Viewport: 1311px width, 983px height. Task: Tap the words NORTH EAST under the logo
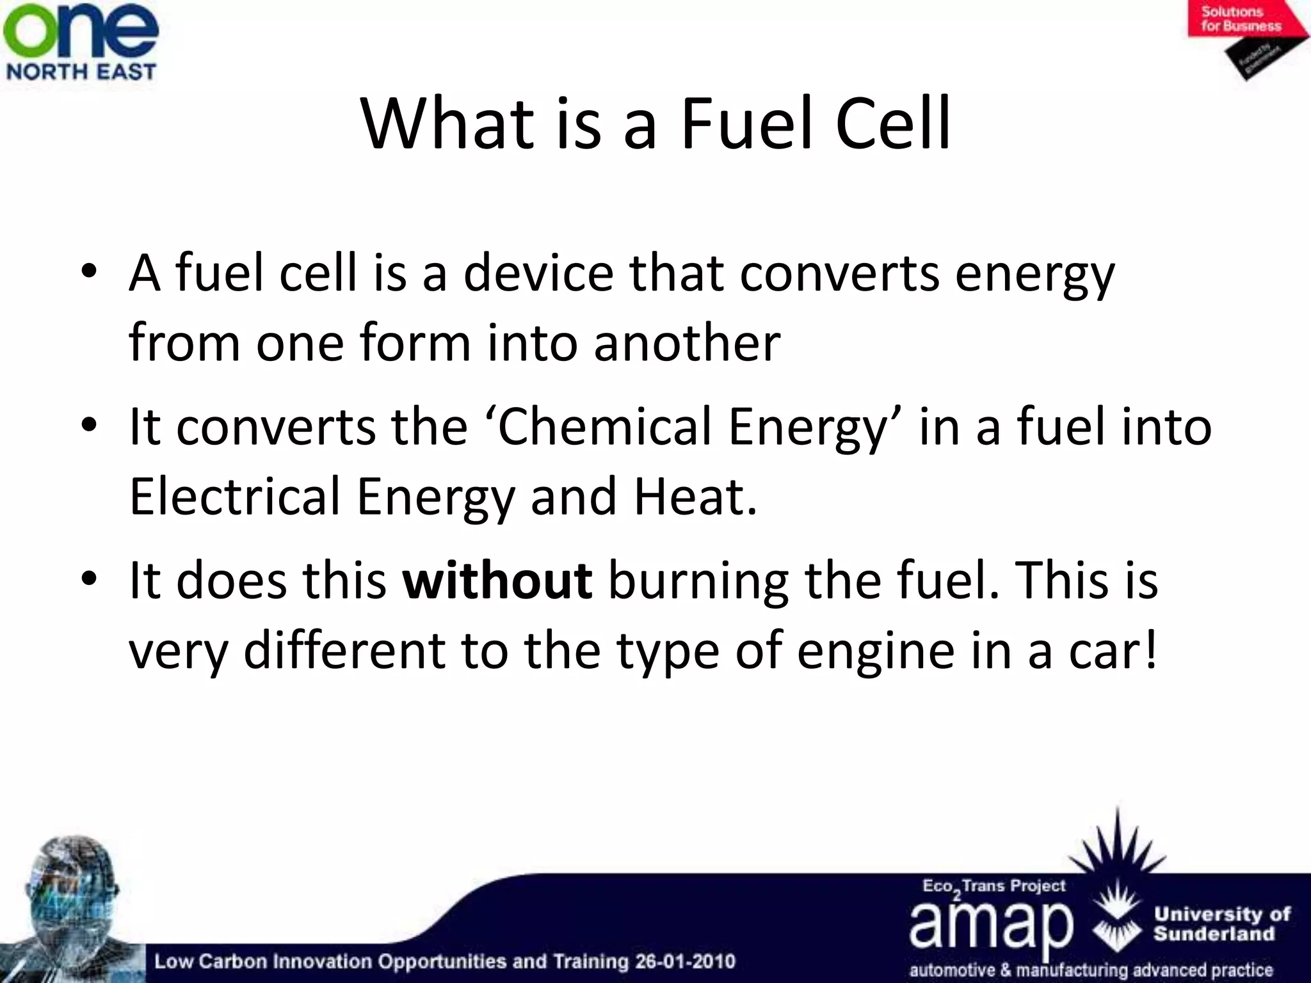click(81, 71)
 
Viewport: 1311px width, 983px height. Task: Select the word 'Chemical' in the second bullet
click(604, 427)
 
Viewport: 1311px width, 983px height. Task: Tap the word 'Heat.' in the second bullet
click(695, 497)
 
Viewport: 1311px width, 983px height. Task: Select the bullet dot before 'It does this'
click(89, 579)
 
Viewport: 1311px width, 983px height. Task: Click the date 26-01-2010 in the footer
click(685, 961)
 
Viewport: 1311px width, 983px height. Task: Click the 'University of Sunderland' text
click(1221, 923)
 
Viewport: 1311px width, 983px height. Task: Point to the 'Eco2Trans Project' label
click(993, 887)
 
